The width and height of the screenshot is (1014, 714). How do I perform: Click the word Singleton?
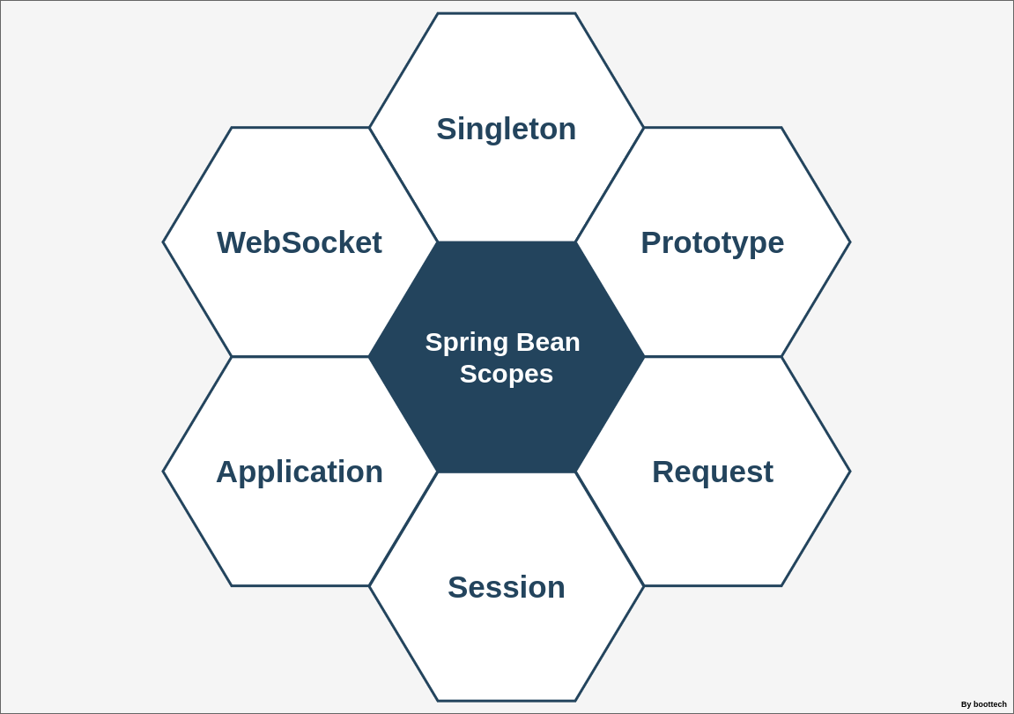click(x=507, y=129)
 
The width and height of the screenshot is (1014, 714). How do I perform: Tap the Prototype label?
click(x=712, y=242)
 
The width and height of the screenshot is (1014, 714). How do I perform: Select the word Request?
click(x=712, y=472)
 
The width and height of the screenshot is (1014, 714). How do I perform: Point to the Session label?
click(x=507, y=587)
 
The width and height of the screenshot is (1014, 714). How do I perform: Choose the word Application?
click(x=300, y=472)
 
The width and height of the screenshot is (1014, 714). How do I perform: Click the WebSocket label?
click(x=300, y=242)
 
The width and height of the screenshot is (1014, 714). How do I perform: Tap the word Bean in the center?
click(x=548, y=342)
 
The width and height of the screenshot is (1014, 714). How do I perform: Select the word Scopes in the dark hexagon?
click(x=507, y=374)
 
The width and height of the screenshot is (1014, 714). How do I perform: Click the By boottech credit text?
click(x=983, y=704)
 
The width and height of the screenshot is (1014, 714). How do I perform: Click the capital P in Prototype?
click(x=651, y=242)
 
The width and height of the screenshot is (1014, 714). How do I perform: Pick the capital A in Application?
click(x=227, y=472)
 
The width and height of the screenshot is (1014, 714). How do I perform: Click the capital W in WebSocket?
click(x=232, y=242)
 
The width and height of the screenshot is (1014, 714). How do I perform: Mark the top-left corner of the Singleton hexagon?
click(x=438, y=13)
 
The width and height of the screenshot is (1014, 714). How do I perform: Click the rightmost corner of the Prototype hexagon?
click(x=850, y=242)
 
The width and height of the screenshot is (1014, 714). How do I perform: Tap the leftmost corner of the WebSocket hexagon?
click(x=163, y=242)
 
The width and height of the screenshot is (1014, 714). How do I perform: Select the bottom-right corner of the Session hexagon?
click(x=576, y=701)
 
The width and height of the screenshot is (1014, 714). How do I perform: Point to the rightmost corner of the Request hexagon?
click(x=850, y=472)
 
